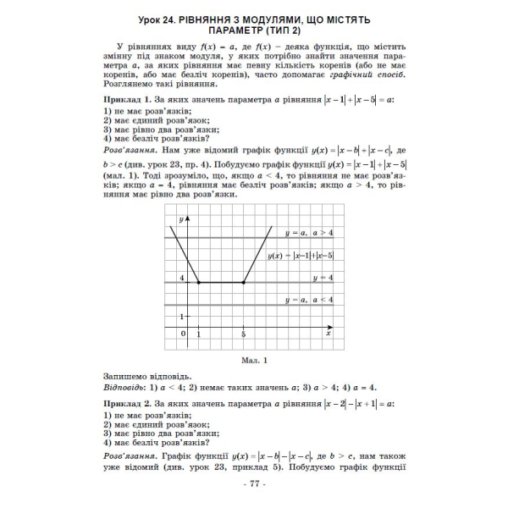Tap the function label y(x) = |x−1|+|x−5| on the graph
[x=301, y=255]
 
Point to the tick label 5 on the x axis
[x=243, y=335]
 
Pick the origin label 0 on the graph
[x=182, y=334]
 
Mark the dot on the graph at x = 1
[x=198, y=282]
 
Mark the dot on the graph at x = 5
[x=243, y=282]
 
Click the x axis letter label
[x=327, y=334]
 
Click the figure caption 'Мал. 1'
[x=254, y=359]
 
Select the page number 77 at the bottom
[x=254, y=483]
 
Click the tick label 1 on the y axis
[x=181, y=315]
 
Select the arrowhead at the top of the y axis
[x=187, y=218]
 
